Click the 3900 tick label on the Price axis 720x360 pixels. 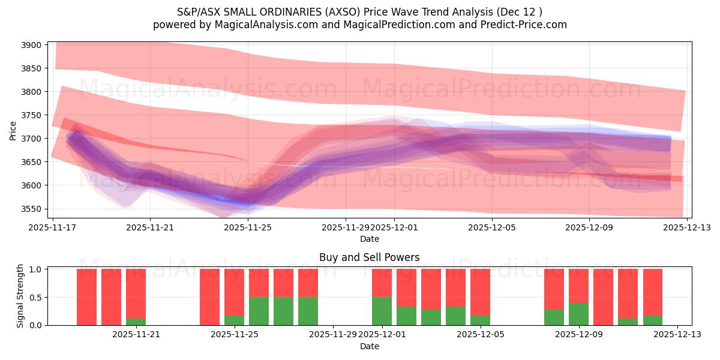click(31, 45)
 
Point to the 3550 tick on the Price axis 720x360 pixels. click(31, 209)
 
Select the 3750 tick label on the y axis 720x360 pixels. click(31, 115)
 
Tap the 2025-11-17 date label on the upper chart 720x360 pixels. click(53, 228)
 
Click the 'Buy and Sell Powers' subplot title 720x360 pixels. click(369, 258)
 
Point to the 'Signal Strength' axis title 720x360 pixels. click(20, 296)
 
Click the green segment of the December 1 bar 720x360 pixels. click(382, 311)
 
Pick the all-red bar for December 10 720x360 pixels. click(603, 297)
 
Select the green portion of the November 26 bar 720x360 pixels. click(259, 311)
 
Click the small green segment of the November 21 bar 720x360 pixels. click(136, 322)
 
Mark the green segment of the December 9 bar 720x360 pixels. click(578, 314)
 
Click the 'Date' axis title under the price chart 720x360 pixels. click(369, 239)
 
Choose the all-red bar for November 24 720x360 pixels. click(209, 297)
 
